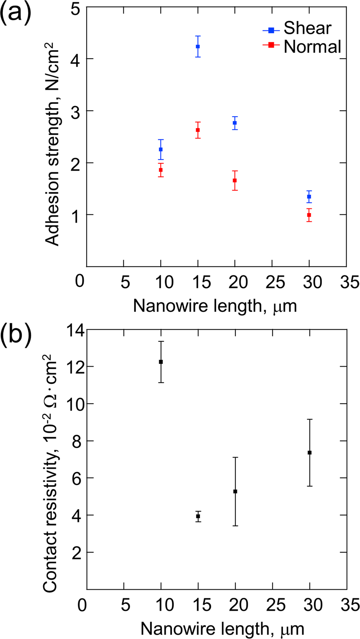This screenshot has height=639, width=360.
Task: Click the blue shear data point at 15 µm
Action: tap(198, 46)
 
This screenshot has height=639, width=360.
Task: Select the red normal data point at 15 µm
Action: tap(198, 130)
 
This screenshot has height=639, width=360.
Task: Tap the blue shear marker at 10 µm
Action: tap(161, 149)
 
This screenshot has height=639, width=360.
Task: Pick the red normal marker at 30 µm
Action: tap(309, 215)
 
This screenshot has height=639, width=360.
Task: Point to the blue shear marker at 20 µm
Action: tap(235, 123)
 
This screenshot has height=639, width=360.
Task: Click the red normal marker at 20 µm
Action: tap(235, 180)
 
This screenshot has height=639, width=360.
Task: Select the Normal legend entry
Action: tap(312, 46)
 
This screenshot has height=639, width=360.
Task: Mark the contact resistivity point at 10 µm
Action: tap(161, 362)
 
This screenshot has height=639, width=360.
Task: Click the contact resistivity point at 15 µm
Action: tap(198, 516)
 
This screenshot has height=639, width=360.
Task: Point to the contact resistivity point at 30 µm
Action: tap(309, 452)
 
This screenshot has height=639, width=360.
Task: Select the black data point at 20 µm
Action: tap(235, 491)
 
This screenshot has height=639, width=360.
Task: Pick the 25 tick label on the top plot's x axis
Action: tap(272, 284)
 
